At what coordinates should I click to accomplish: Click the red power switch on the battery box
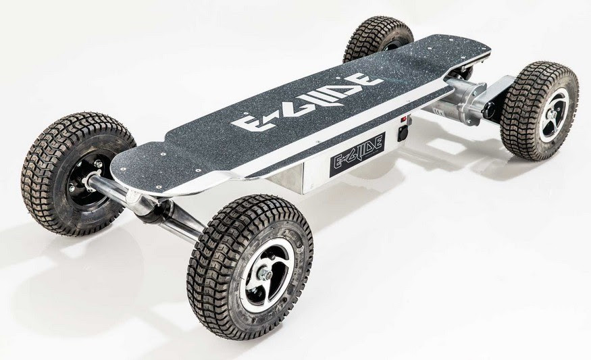[405, 119]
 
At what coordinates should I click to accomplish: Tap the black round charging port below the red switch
[403, 132]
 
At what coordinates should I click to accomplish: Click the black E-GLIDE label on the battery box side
[357, 154]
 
